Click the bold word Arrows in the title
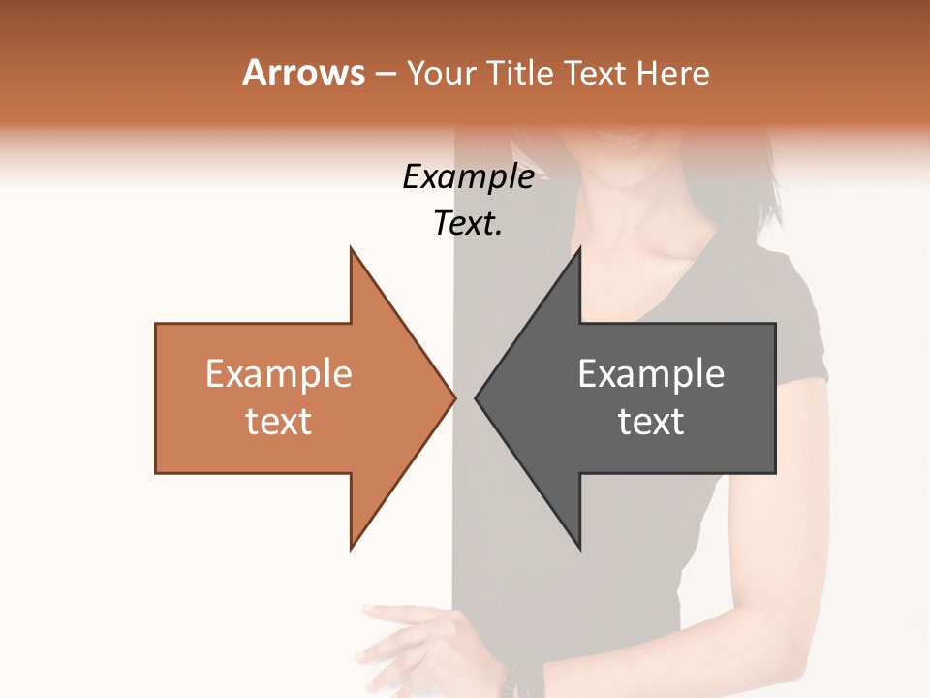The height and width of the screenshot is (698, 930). pyautogui.click(x=303, y=73)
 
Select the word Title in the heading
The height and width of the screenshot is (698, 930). pyautogui.click(x=519, y=74)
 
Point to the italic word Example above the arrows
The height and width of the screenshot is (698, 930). pyautogui.click(x=468, y=176)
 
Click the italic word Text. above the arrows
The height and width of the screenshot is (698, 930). pyautogui.click(x=468, y=223)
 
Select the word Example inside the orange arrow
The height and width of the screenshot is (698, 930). pyautogui.click(x=279, y=373)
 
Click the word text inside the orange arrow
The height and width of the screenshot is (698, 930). pyautogui.click(x=279, y=421)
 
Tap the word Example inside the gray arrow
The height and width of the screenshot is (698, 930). pyautogui.click(x=651, y=373)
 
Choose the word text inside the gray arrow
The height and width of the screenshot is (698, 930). pyautogui.click(x=651, y=421)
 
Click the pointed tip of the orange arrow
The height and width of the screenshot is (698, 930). pyautogui.click(x=454, y=397)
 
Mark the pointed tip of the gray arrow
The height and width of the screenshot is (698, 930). pyautogui.click(x=477, y=397)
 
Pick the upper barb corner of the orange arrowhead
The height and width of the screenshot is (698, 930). pyautogui.click(x=352, y=249)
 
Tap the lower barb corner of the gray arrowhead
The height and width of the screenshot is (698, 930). pyautogui.click(x=579, y=548)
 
